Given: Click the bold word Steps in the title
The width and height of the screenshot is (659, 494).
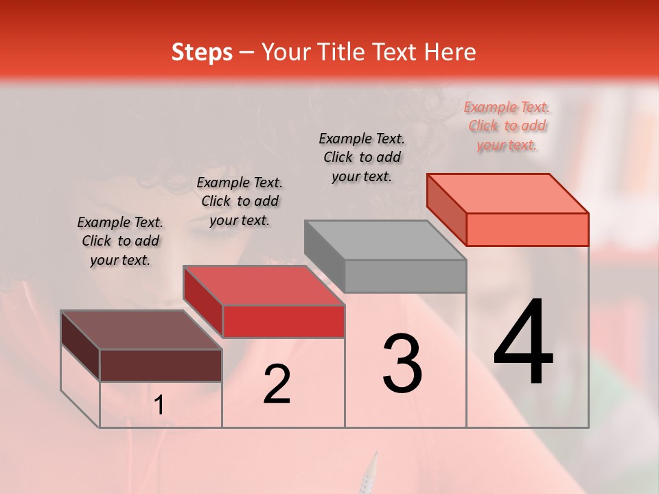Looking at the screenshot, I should (202, 52).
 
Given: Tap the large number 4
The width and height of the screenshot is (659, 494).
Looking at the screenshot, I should (523, 343).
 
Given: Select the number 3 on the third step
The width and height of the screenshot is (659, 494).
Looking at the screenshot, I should (402, 364).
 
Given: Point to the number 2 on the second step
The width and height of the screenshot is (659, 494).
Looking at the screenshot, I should (277, 384).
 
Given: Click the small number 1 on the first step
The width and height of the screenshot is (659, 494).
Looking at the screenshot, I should (159, 406).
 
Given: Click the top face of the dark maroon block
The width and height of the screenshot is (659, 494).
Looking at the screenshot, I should (141, 330).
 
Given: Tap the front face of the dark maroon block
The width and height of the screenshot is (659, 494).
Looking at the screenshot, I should (161, 365).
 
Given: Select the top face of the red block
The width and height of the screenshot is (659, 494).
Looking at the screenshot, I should (264, 285).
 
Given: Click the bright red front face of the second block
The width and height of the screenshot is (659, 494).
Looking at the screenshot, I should (283, 321).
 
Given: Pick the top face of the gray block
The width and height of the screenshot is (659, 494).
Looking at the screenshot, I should (385, 240).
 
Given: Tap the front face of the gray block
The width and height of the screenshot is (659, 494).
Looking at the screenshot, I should (405, 276).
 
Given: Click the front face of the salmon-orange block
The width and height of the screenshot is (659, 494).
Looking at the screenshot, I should (527, 229).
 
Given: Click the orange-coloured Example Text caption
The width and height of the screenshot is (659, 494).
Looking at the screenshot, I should (507, 126).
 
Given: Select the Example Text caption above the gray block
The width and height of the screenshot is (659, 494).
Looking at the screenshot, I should (362, 157).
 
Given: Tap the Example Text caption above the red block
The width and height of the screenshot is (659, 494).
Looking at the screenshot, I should (240, 201).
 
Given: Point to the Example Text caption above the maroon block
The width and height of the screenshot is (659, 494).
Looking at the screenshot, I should (120, 241).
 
